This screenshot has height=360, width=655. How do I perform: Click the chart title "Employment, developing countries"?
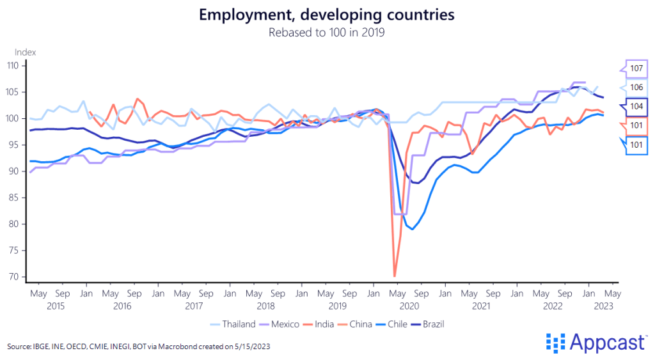pyautogui.click(x=327, y=15)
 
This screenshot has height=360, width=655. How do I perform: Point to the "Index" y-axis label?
pyautogui.click(x=25, y=52)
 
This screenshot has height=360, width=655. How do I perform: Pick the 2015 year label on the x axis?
pyautogui.click(x=56, y=306)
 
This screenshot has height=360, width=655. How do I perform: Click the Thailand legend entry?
pyautogui.click(x=239, y=324)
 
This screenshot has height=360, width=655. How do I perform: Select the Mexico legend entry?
pyautogui.click(x=283, y=324)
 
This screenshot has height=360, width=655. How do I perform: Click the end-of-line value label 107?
pyautogui.click(x=636, y=68)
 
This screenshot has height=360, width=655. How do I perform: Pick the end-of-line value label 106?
pyautogui.click(x=636, y=88)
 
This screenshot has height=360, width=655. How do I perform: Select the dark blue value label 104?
pyautogui.click(x=636, y=106)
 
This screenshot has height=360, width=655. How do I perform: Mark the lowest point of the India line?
pyautogui.click(x=395, y=276)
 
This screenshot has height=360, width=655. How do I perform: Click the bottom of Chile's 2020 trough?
pyautogui.click(x=413, y=229)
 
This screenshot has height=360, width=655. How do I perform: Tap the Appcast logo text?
pyautogui.click(x=605, y=343)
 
